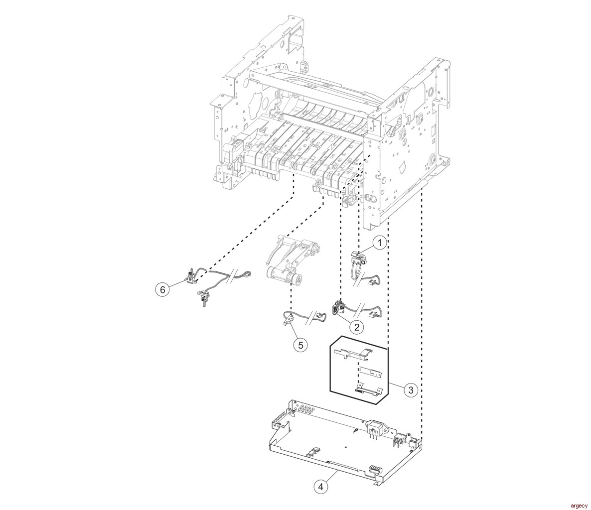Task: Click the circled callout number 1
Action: pos(380,243)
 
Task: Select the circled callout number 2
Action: pos(356,327)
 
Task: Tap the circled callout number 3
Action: pos(410,390)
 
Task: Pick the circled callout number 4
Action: pos(321,486)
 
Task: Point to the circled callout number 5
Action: pos(300,344)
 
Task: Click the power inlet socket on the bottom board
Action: pos(375,426)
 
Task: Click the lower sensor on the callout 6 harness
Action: pos(203,297)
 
